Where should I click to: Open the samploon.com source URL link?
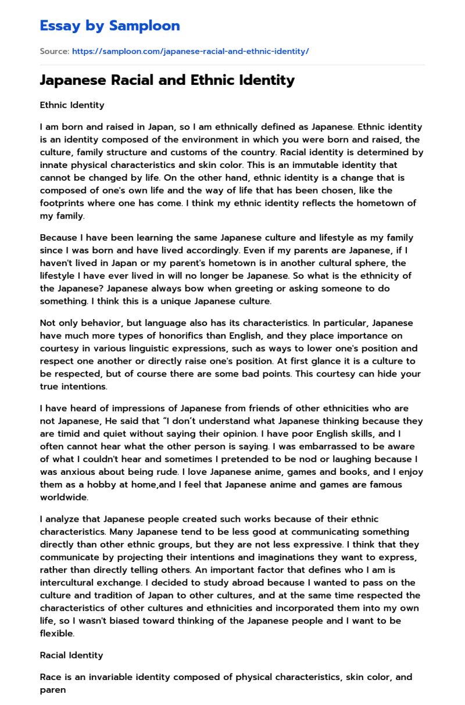[x=190, y=51]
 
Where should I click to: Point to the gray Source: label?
[x=54, y=51]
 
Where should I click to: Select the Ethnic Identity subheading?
[x=72, y=105]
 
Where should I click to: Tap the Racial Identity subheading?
[x=71, y=655]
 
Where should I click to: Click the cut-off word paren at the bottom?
[x=53, y=690]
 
